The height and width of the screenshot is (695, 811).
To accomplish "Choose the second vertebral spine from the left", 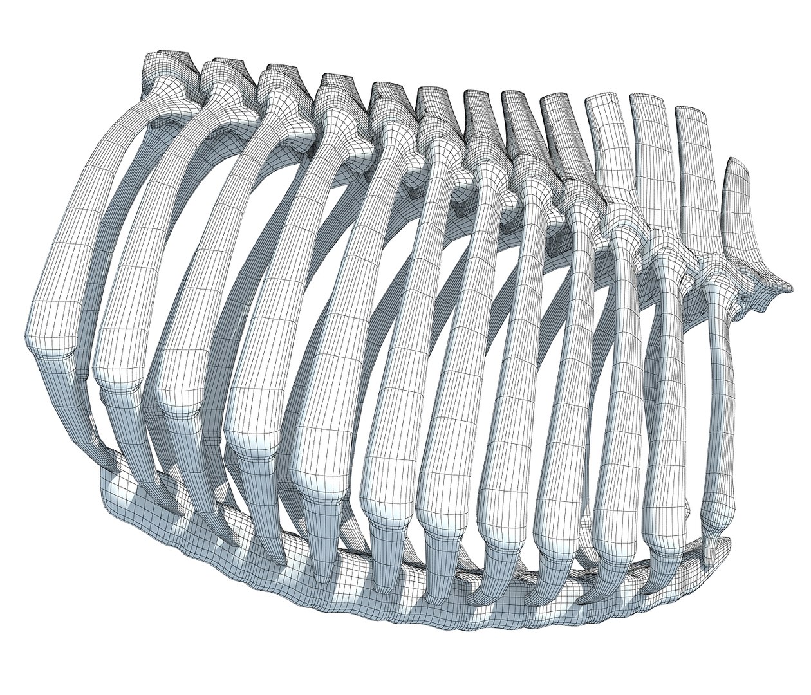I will [222, 71].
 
